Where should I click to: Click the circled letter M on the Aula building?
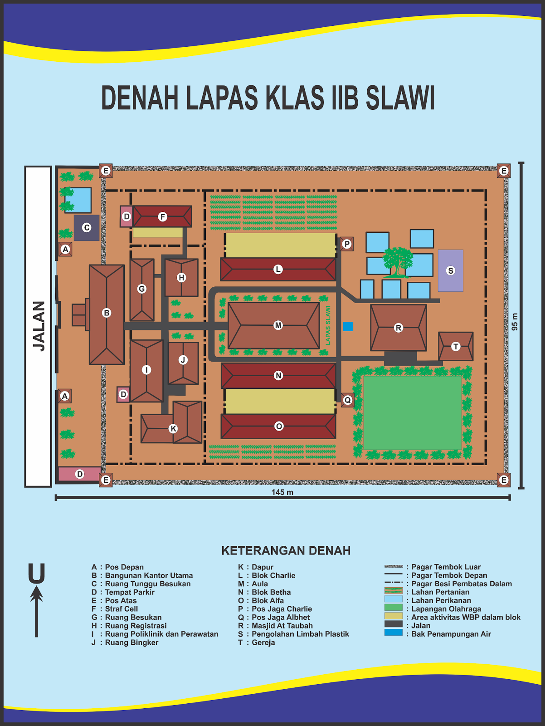tap(278, 325)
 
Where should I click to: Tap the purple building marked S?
tap(451, 270)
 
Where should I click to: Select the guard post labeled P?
tap(347, 244)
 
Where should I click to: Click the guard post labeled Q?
tap(347, 400)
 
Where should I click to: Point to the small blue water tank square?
tap(348, 326)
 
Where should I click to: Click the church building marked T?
tap(456, 346)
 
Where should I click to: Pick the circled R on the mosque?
tap(398, 328)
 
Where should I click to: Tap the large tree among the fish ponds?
tap(398, 262)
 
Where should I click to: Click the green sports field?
tap(413, 413)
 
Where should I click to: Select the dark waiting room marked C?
tap(87, 228)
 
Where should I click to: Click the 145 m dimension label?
tap(282, 492)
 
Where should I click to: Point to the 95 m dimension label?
tap(515, 322)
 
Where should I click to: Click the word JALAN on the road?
tap(39, 326)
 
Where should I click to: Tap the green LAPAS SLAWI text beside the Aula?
tap(328, 325)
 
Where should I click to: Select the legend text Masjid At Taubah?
tap(282, 626)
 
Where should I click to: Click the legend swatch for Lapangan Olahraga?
tap(393, 607)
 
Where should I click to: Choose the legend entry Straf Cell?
tap(122, 609)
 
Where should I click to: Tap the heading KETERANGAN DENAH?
tap(286, 551)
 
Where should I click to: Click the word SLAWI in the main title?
tap(400, 98)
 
